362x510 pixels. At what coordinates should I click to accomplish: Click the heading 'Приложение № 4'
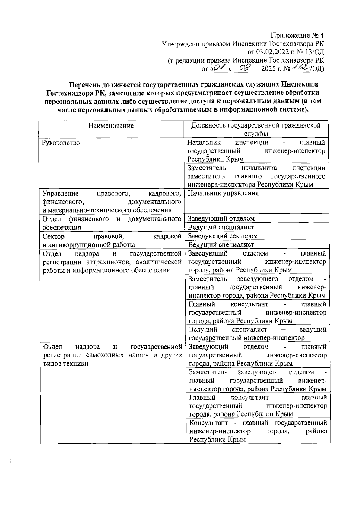[297, 35]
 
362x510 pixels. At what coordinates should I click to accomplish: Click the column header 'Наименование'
[111, 126]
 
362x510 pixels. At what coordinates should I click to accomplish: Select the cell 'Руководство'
[61, 143]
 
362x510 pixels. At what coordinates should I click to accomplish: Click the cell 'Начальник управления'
[223, 194]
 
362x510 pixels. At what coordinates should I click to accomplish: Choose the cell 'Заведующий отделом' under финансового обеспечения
[221, 219]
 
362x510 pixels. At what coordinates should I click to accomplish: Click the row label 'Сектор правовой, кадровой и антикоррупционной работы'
[112, 240]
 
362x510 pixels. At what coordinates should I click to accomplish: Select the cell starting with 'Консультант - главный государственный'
[258, 431]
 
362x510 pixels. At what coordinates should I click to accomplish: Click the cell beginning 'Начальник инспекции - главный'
[256, 151]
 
